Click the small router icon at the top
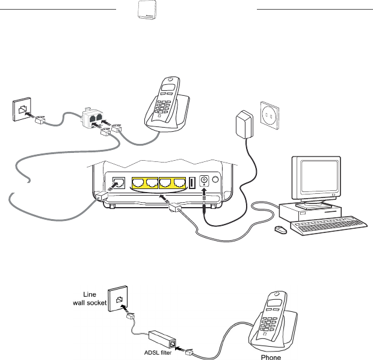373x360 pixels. [143, 10]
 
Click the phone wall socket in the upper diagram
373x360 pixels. [22, 110]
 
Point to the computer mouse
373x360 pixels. [280, 230]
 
